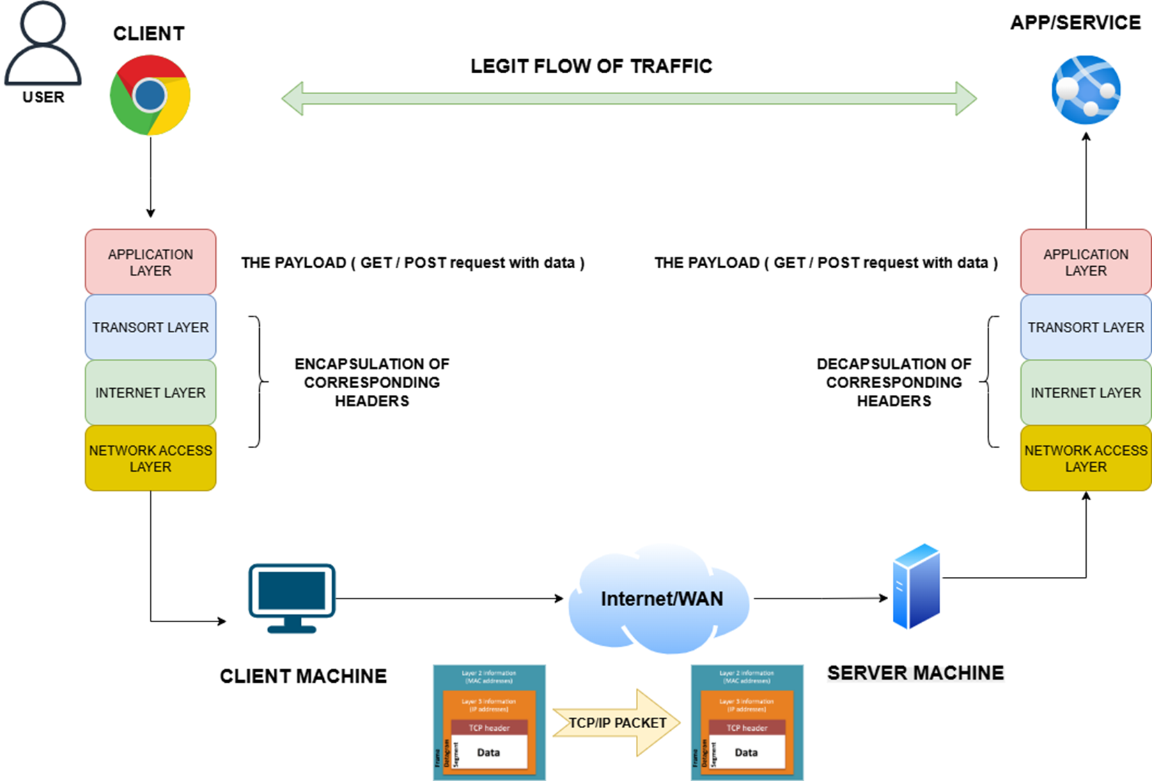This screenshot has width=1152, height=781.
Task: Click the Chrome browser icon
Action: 150,95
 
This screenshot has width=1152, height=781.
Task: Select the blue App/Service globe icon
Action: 1086,90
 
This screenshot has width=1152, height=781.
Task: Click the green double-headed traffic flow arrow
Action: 629,98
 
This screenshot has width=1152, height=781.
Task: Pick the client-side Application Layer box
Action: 150,262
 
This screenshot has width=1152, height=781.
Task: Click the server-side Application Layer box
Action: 1085,262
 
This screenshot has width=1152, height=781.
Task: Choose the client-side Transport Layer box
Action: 150,327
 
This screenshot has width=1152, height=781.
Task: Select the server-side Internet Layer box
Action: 1085,392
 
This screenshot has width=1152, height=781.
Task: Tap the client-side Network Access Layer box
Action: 150,458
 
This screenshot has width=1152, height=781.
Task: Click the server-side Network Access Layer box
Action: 1085,458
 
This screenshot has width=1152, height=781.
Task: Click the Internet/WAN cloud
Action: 660,599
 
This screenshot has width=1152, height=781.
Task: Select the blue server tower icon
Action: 917,587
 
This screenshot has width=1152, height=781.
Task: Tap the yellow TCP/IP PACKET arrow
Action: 616,723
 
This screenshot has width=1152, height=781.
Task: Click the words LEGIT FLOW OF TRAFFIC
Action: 591,66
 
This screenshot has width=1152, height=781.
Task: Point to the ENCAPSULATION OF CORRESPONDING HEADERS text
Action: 372,382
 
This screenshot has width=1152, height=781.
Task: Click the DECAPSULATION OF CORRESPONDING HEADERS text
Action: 894,382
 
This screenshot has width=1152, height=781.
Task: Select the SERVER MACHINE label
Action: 915,673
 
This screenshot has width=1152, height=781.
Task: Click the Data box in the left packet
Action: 488,752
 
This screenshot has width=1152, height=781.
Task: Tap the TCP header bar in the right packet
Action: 747,728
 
